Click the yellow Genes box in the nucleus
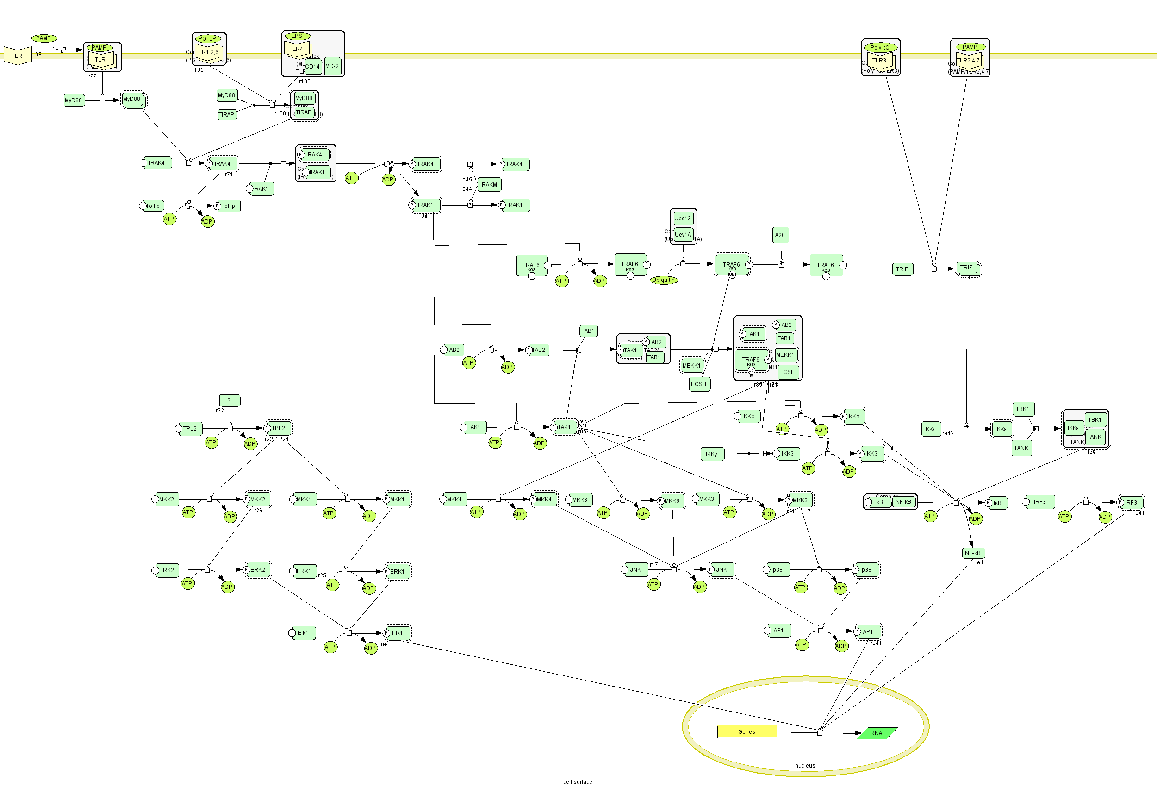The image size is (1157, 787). coord(747,732)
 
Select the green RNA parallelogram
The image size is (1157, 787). coord(876,733)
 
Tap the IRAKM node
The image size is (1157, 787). coord(489,185)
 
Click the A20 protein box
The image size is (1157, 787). coord(780,235)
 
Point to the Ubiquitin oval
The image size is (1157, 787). coord(664,281)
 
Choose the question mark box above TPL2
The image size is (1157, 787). coord(230,400)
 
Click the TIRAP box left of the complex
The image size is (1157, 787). coord(226,114)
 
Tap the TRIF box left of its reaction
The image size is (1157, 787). coord(902,269)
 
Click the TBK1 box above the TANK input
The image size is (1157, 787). coord(1023,409)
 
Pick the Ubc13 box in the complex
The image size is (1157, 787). coord(683,219)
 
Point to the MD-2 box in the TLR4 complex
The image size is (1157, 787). coord(332,66)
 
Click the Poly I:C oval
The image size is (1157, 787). coord(880,48)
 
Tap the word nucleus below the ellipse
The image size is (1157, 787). coord(805,766)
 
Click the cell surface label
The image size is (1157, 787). coord(578,782)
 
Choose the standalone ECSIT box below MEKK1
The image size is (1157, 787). coord(699,384)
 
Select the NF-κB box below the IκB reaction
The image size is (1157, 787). coord(972,553)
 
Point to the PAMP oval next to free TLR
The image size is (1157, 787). coord(44,38)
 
